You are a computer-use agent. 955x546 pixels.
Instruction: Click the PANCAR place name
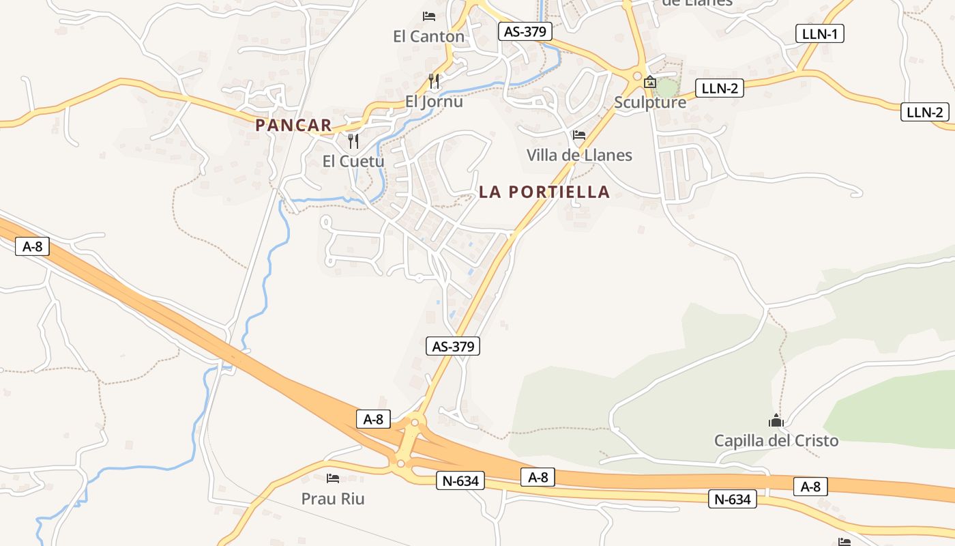point(293,126)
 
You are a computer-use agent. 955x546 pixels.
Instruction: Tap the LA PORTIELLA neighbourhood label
point(544,192)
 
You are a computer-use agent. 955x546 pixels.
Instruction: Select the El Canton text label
point(428,36)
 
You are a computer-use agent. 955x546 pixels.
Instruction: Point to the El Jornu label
point(434,102)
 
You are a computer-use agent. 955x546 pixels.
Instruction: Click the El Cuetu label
point(353,162)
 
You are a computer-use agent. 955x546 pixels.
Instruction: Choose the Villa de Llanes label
point(579,155)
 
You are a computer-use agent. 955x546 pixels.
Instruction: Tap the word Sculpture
point(650,102)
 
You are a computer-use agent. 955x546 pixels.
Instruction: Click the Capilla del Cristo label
point(776,441)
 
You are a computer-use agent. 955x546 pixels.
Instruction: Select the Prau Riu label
point(333,499)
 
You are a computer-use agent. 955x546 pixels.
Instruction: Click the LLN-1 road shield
point(819,33)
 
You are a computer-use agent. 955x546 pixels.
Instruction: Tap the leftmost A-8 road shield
point(33,246)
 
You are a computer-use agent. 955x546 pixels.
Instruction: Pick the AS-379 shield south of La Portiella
point(453,346)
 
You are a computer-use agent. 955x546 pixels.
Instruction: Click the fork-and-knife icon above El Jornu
point(434,81)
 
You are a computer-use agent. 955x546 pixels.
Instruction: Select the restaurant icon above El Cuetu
point(353,141)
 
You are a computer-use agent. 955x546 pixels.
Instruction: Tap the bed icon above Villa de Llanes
point(579,135)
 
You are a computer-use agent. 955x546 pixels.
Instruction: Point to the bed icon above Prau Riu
point(333,478)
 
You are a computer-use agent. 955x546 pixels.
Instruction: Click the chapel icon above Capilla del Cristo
point(776,420)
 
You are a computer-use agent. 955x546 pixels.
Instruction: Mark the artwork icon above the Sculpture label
point(650,82)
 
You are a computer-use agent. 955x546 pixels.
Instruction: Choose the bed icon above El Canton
point(429,16)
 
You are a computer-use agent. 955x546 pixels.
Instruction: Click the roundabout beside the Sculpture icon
point(638,76)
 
